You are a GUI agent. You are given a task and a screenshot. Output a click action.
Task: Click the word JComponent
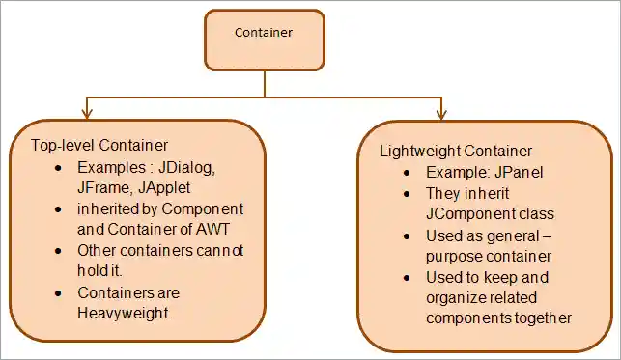click(467, 212)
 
